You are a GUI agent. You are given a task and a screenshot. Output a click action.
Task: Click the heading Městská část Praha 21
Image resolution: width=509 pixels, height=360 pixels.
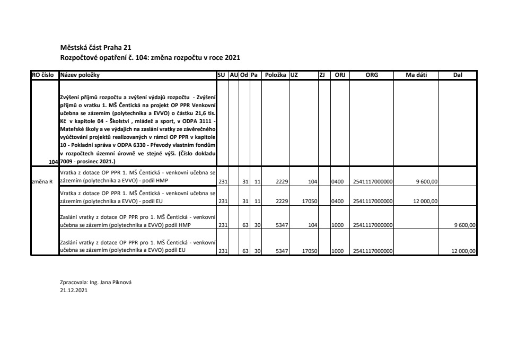[x=92, y=47]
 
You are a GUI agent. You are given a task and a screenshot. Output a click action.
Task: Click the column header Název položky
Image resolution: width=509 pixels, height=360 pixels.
[x=80, y=75]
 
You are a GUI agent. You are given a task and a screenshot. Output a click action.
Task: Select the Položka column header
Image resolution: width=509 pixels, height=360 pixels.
[x=275, y=75]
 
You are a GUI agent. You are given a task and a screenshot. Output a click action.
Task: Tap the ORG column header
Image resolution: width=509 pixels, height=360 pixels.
[x=372, y=75]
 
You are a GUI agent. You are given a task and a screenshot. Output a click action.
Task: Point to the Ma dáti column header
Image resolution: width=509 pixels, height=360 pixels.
[x=416, y=75]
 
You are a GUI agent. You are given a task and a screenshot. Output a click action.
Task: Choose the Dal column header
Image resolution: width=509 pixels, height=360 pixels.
[x=458, y=75]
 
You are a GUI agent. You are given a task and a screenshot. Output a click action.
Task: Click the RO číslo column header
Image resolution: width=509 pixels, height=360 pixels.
[x=45, y=75]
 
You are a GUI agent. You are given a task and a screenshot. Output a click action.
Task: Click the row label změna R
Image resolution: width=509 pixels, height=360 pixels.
[x=43, y=181]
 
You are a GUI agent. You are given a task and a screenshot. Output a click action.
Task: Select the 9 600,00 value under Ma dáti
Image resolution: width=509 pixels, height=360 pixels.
[x=427, y=181]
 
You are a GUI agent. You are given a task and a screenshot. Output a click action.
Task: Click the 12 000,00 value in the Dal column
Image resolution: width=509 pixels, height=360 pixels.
[x=463, y=251]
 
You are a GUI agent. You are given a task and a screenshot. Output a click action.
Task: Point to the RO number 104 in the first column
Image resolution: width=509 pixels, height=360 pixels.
[x=52, y=161]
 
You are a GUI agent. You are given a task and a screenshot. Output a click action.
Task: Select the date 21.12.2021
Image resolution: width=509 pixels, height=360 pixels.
[x=74, y=291]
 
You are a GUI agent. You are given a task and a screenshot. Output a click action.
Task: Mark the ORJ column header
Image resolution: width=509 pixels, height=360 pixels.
[x=339, y=75]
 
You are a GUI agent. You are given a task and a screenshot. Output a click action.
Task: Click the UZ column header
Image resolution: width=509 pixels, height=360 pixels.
[x=294, y=75]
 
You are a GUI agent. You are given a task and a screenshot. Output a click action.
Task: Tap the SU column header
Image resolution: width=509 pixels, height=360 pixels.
[x=222, y=75]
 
